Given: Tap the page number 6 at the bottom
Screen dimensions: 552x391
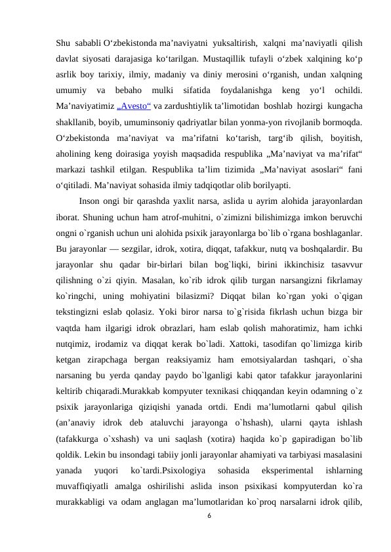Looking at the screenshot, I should click(x=209, y=515).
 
